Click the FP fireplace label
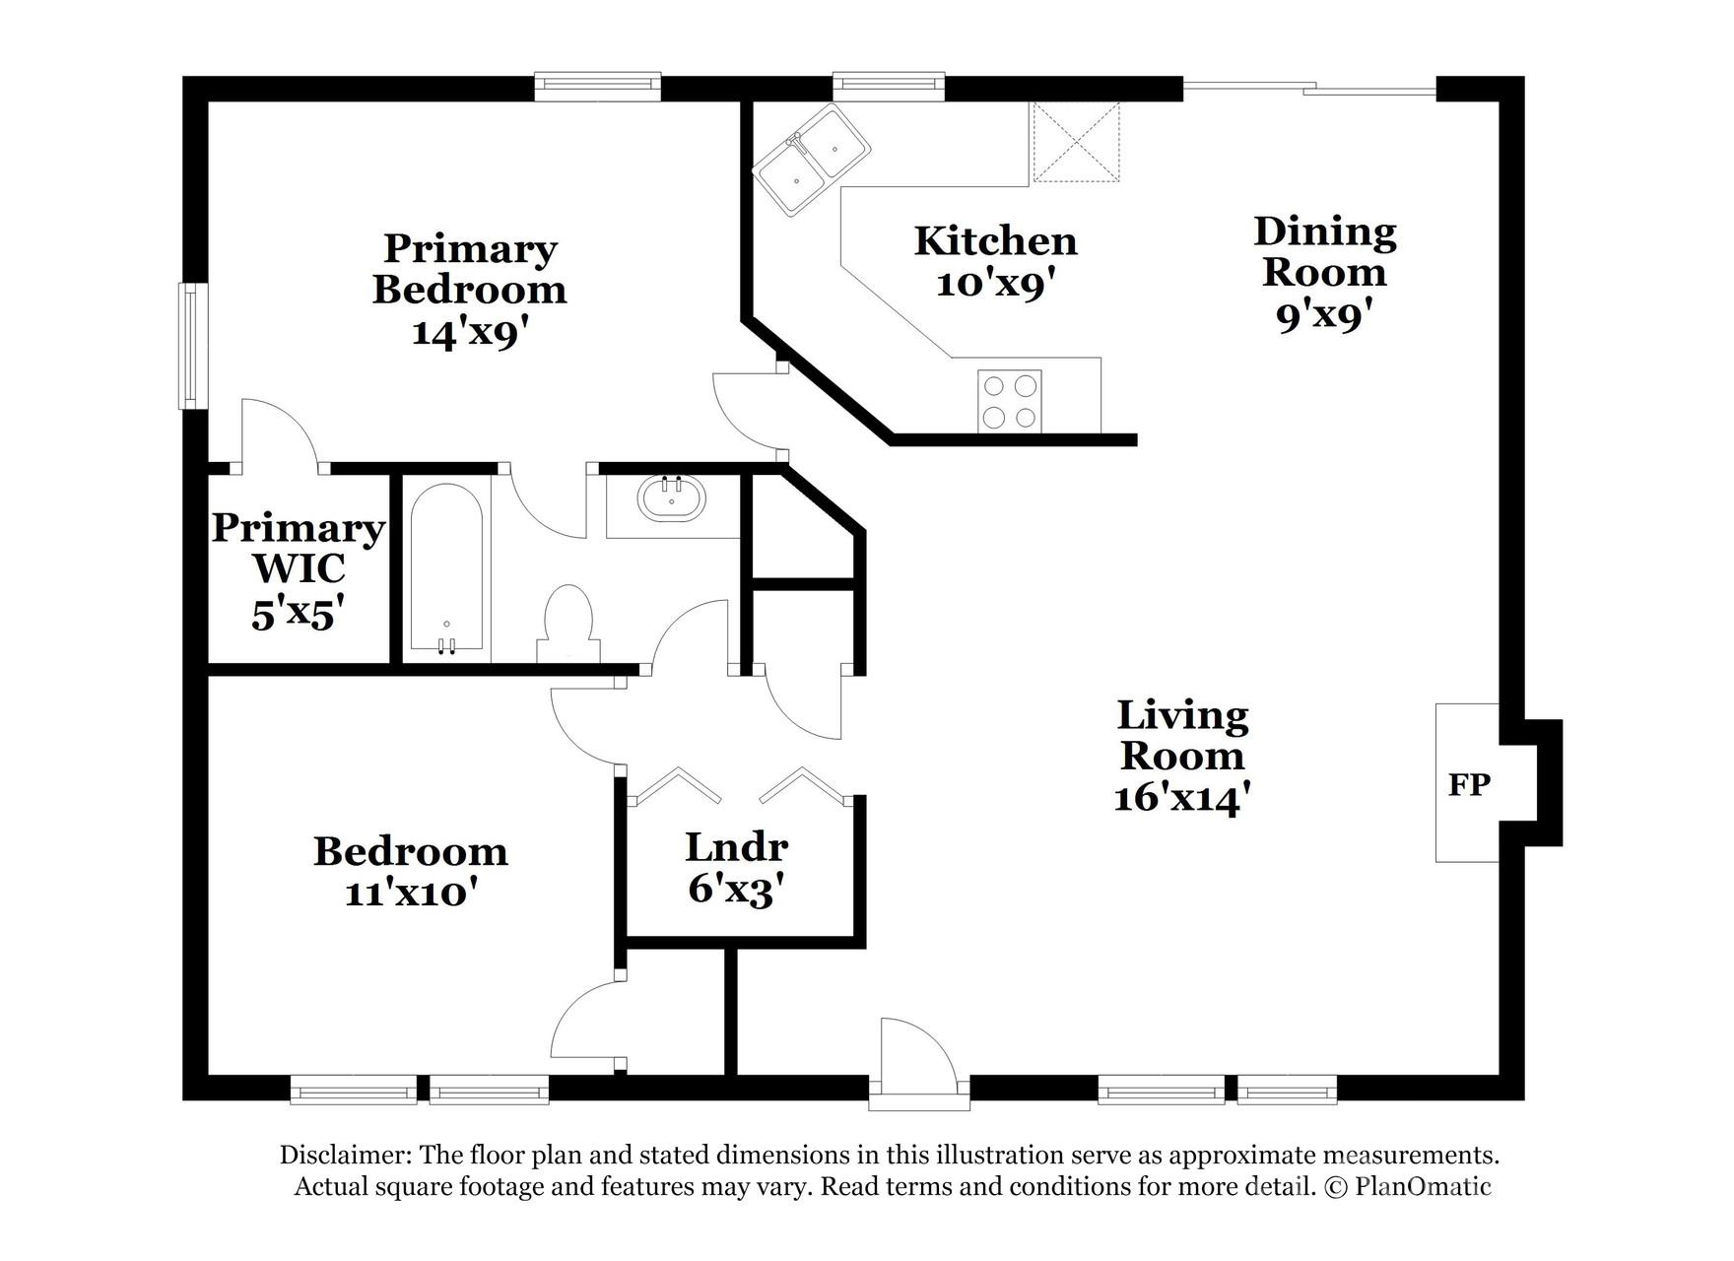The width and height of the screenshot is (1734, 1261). click(1468, 785)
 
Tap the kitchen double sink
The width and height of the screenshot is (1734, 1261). click(812, 161)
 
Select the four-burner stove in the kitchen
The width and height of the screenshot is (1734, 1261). click(1009, 401)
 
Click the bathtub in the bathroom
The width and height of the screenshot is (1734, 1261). click(445, 568)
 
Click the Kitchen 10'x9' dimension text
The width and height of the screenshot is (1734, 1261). click(995, 285)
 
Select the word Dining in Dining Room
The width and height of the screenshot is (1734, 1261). click(1324, 232)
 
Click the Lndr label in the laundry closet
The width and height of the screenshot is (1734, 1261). click(736, 846)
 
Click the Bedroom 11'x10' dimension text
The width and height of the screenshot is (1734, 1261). click(411, 894)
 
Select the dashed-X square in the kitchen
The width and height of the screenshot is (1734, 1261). click(1076, 142)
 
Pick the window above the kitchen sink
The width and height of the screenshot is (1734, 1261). click(888, 86)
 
